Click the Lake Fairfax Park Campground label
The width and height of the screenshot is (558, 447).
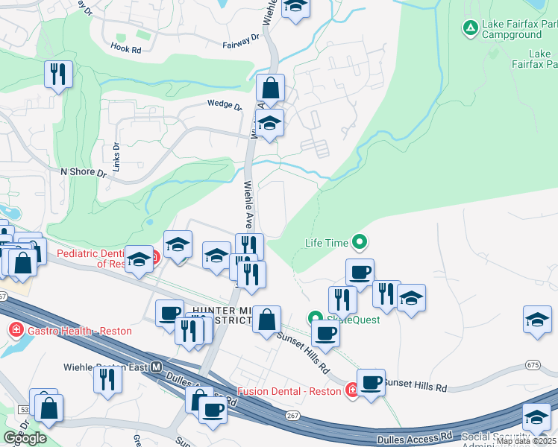pyautogui.click(x=519, y=29)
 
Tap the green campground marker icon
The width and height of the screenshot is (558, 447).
pyautogui.click(x=470, y=29)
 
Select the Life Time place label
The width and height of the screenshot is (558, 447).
pyautogui.click(x=327, y=242)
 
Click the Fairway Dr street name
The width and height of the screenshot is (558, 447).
pyautogui.click(x=241, y=41)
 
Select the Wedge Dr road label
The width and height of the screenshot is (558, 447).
pyautogui.click(x=225, y=105)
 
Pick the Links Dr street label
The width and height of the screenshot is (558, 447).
pyautogui.click(x=116, y=153)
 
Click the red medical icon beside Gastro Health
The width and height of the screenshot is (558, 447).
pyautogui.click(x=15, y=330)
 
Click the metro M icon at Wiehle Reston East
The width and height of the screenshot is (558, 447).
pyautogui.click(x=157, y=367)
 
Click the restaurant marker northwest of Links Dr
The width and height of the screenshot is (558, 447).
pyautogui.click(x=57, y=74)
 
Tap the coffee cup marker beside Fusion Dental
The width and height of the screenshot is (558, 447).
pyautogui.click(x=371, y=383)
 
